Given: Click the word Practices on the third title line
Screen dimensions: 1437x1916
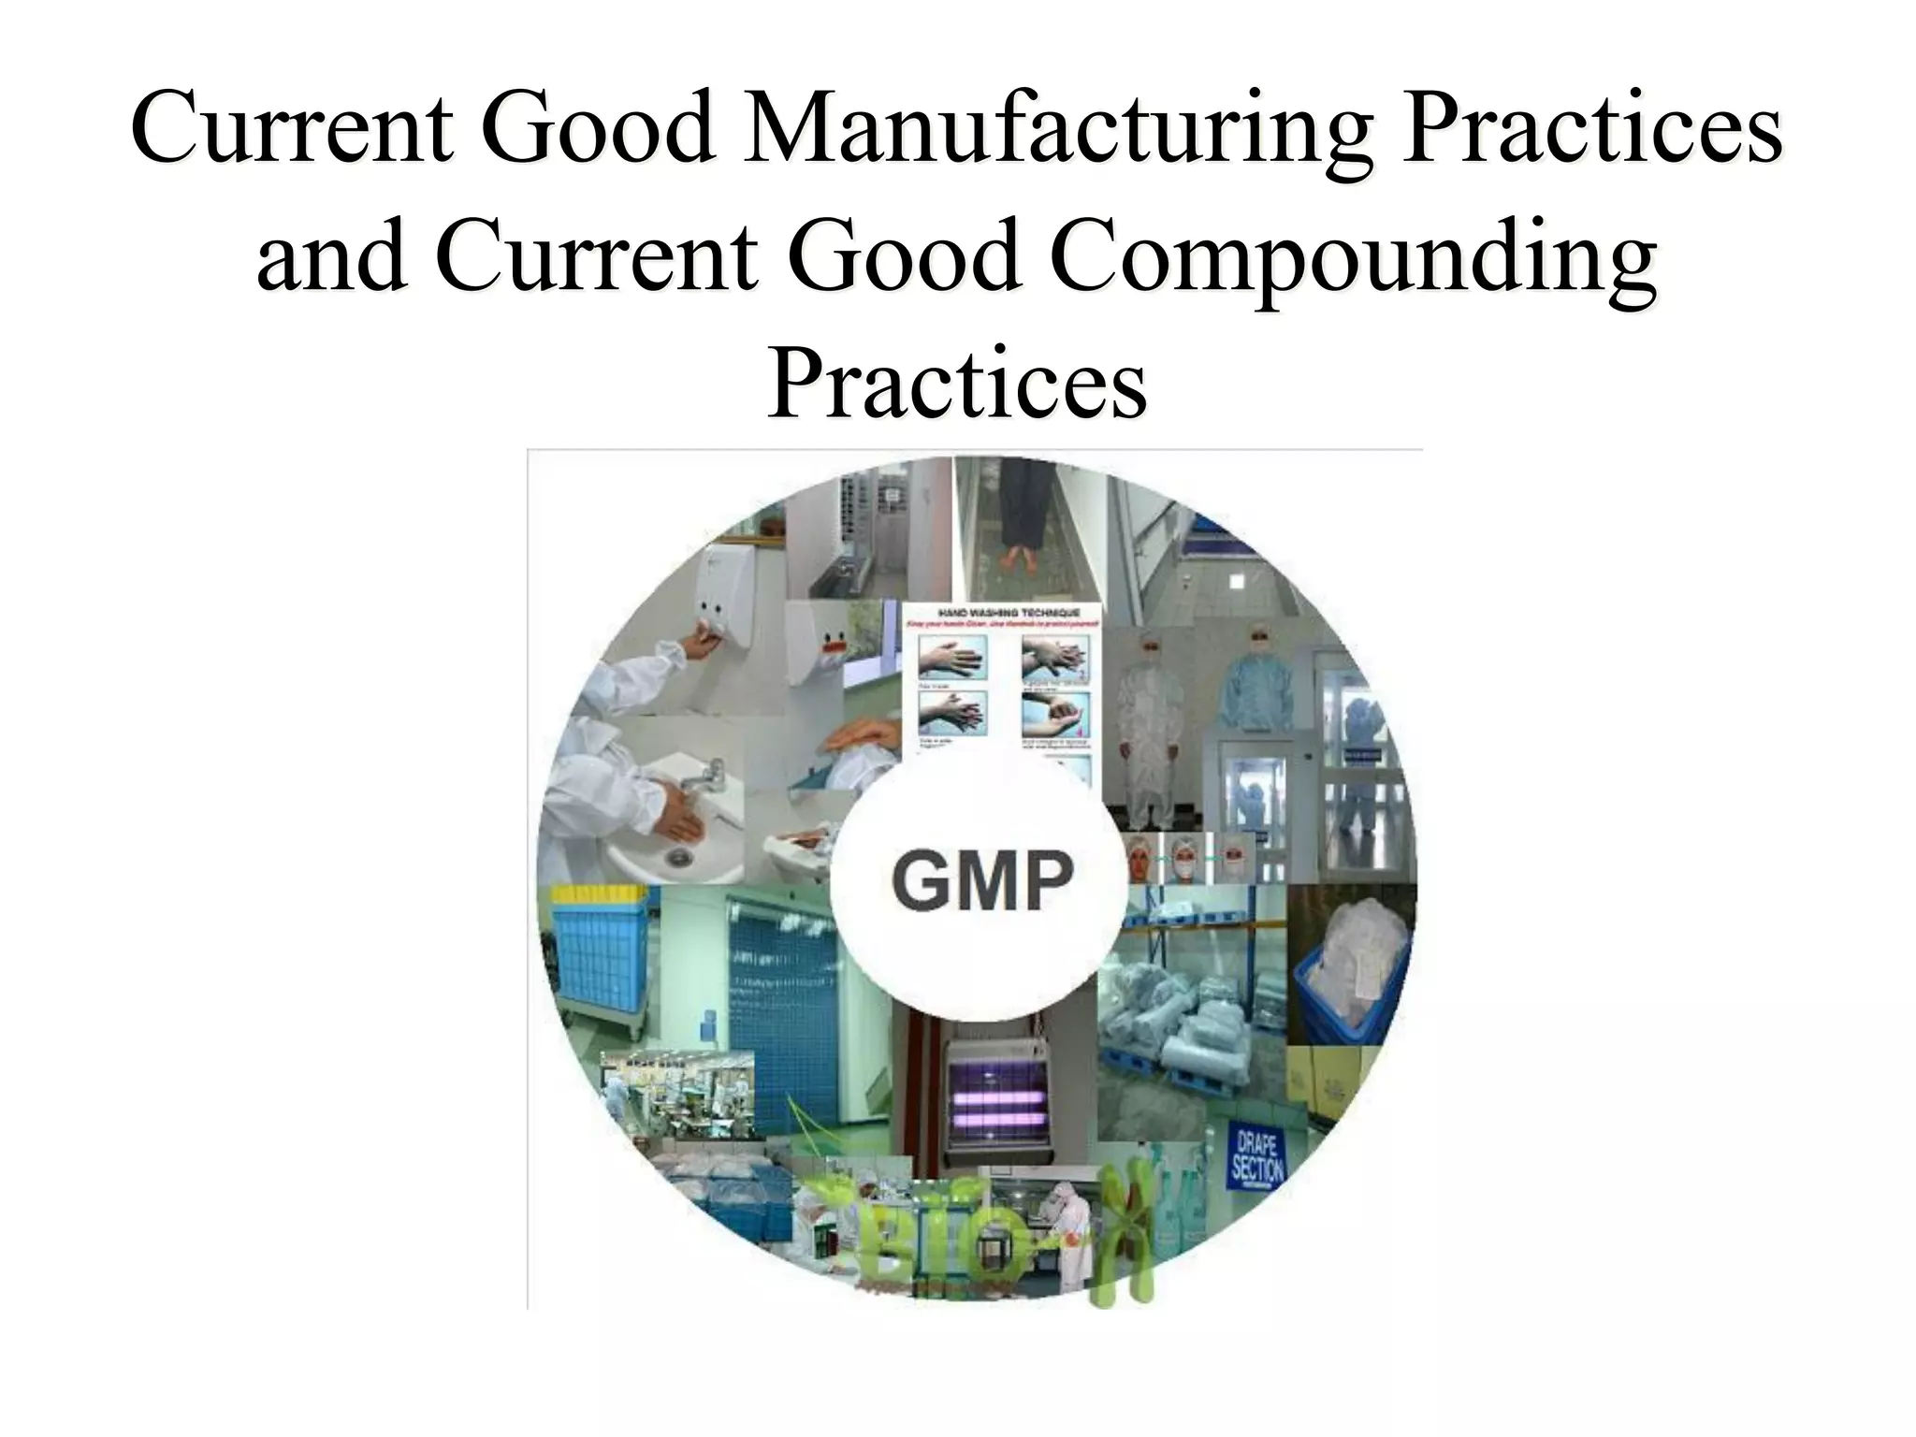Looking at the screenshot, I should [x=956, y=382].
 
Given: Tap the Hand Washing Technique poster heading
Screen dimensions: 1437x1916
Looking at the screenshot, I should [x=1004, y=612].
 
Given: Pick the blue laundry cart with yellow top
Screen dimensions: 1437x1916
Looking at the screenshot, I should [x=599, y=964].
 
